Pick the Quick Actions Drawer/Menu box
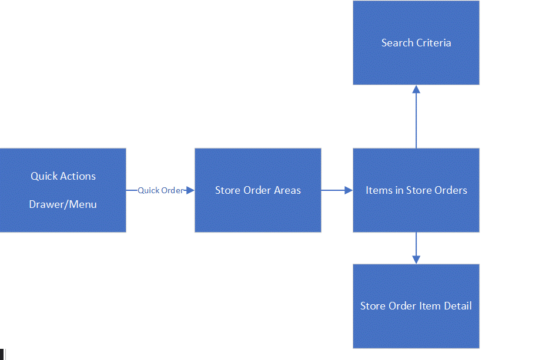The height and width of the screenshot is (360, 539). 63,220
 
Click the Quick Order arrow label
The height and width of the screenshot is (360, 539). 160,190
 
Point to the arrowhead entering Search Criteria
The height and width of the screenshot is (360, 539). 416,89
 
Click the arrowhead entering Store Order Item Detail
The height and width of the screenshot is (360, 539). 416,260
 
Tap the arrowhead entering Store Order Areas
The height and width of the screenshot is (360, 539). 190,190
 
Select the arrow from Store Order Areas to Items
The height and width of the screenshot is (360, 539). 335,190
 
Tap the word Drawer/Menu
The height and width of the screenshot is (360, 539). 63,204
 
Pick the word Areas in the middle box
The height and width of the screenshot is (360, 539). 287,190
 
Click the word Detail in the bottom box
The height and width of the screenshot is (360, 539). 458,306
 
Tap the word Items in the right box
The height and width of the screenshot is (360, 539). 377,190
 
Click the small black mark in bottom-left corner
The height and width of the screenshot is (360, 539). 2,354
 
